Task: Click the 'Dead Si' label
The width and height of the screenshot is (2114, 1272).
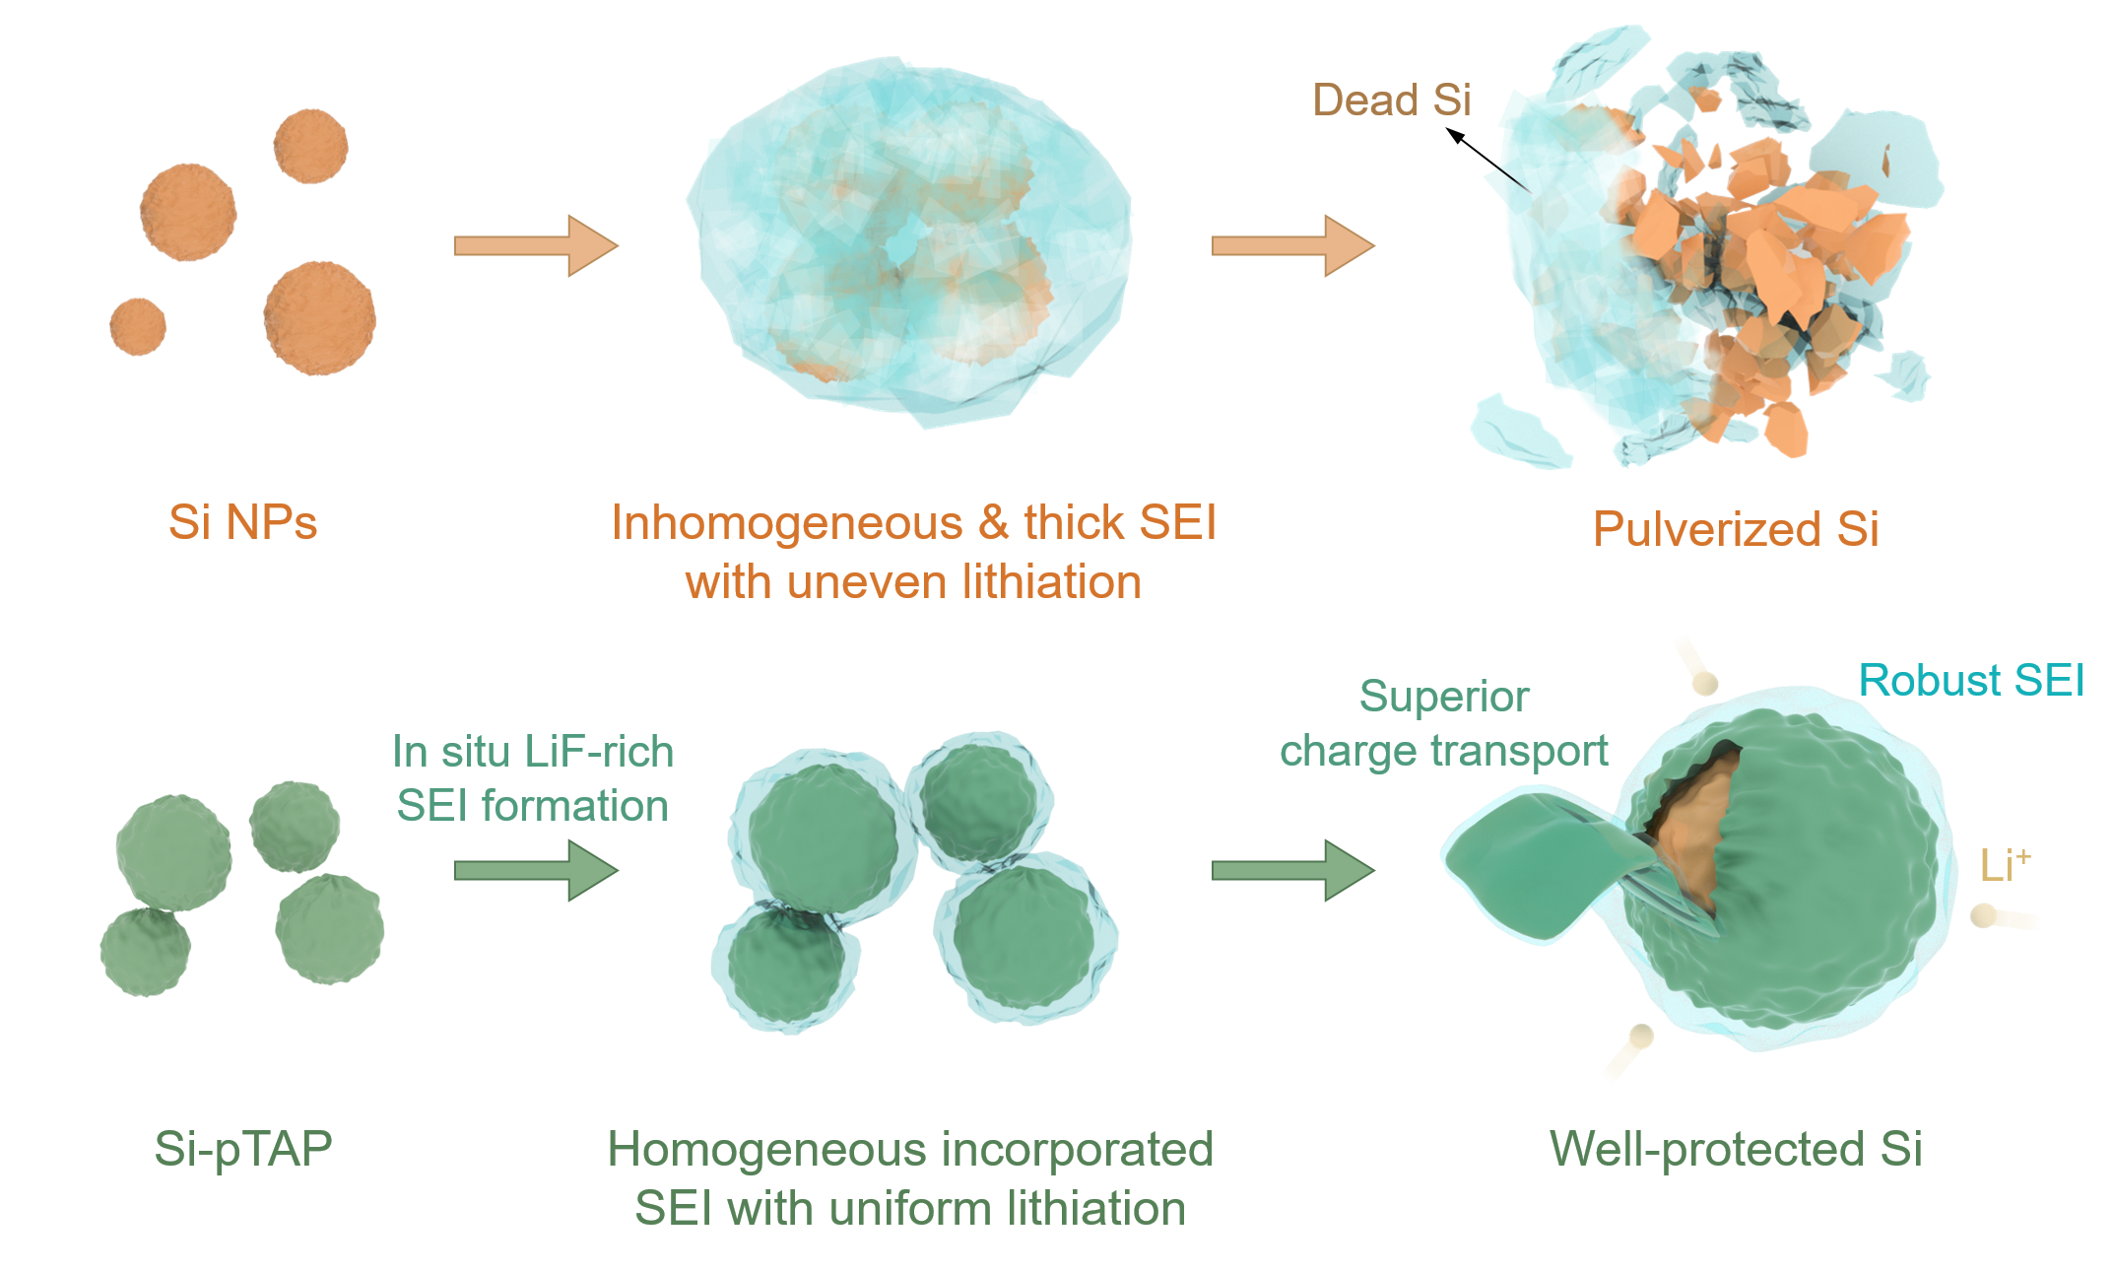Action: click(1392, 100)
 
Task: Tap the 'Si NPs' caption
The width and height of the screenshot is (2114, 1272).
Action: click(242, 522)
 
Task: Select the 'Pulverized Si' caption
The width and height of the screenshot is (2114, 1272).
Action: click(1736, 529)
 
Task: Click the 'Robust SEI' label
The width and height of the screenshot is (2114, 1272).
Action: click(1971, 680)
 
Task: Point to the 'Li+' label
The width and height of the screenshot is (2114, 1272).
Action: click(2005, 866)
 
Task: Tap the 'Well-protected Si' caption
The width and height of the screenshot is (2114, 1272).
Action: click(1736, 1149)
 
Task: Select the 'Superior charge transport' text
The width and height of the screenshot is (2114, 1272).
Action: click(1444, 724)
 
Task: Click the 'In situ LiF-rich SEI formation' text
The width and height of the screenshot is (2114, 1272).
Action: click(533, 778)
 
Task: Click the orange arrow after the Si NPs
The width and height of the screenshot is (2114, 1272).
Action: click(536, 245)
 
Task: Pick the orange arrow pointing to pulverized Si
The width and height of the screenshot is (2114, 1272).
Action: click(1292, 245)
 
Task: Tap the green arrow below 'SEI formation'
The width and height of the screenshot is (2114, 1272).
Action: click(536, 870)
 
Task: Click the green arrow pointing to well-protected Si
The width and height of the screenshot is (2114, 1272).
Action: click(1292, 870)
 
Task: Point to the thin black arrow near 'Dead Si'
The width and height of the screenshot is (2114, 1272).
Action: click(1487, 160)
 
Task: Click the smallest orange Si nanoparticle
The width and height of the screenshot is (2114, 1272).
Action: click(138, 327)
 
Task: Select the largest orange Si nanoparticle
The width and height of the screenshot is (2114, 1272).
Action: click(319, 318)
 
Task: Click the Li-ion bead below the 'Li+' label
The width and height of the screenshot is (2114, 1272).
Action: click(1983, 916)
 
